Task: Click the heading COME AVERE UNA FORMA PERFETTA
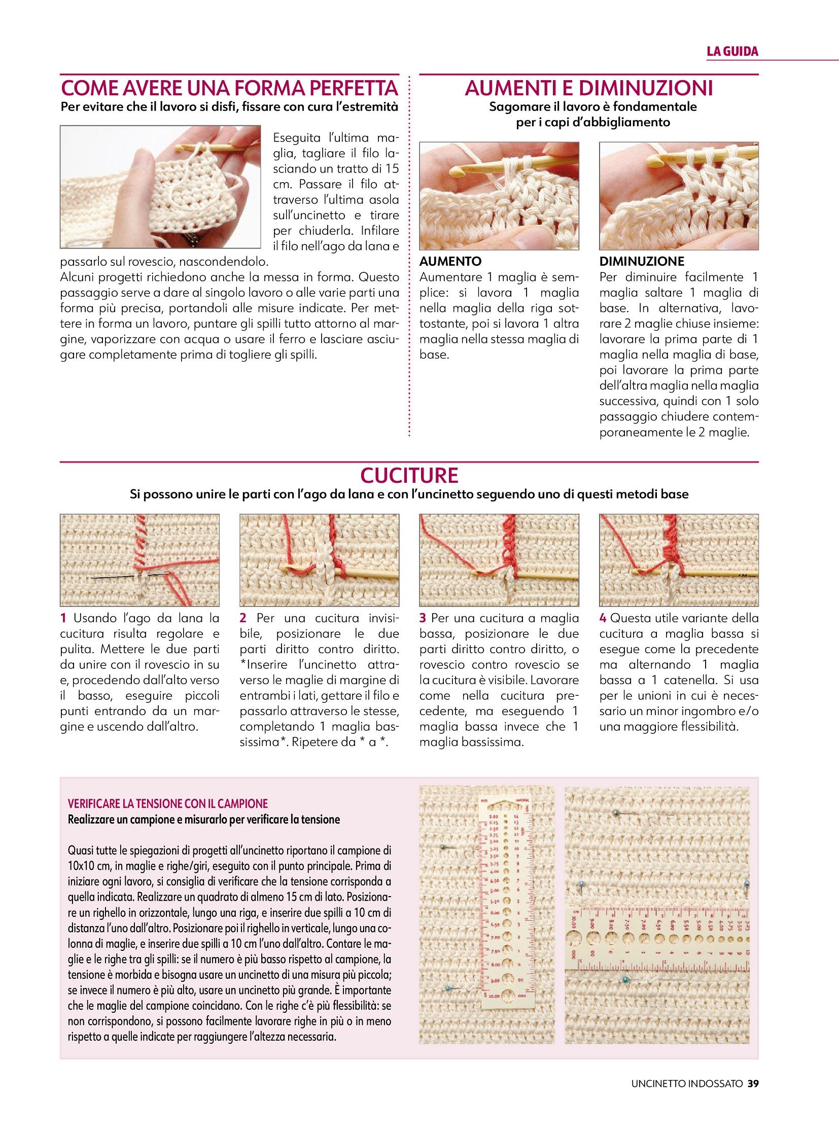tap(229, 88)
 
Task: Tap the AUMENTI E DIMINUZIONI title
tap(588, 88)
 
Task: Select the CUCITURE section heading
tap(409, 475)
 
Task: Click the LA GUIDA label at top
tap(732, 51)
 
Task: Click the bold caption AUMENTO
tap(450, 262)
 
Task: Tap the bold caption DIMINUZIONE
tap(642, 262)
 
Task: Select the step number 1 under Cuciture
tap(63, 619)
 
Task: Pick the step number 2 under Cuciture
tap(243, 619)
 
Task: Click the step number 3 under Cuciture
tap(423, 619)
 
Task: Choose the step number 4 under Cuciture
tap(603, 619)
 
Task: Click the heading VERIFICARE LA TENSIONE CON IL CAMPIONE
tap(167, 803)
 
